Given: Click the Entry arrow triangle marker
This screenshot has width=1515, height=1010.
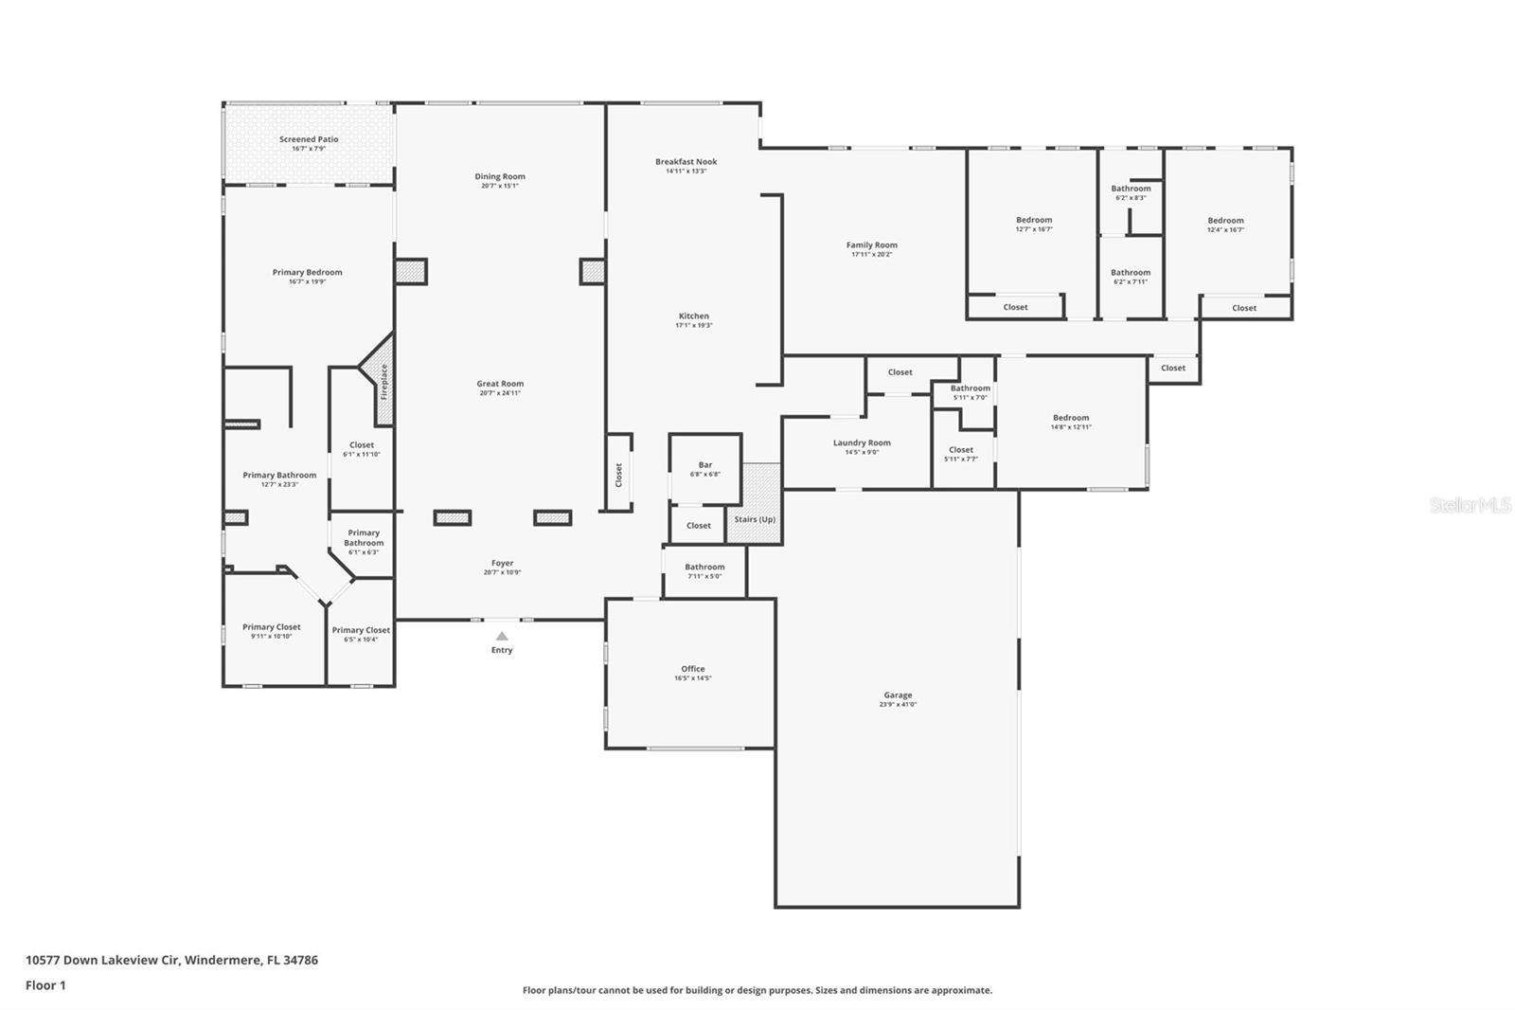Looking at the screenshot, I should (x=502, y=637).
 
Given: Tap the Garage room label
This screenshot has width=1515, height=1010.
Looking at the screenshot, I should (x=898, y=695).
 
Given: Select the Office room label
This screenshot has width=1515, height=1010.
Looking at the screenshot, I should (x=692, y=669).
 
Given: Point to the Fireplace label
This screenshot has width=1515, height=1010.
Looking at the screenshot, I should (x=384, y=382).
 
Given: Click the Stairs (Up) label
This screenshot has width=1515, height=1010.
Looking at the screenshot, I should (x=755, y=519).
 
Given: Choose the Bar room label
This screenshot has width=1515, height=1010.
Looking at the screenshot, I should (x=704, y=465).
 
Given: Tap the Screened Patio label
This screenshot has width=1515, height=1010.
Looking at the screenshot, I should (x=309, y=139).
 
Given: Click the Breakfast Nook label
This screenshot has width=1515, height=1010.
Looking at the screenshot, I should (x=686, y=162).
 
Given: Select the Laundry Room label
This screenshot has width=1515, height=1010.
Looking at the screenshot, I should (x=862, y=442).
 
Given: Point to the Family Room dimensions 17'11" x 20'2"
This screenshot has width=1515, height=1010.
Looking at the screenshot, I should (x=871, y=255).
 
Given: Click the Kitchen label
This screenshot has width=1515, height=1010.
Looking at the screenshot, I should (x=693, y=316).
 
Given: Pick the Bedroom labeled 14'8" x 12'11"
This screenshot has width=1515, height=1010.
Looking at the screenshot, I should (x=1071, y=418).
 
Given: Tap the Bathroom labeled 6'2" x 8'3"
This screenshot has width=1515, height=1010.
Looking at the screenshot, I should (x=1131, y=189).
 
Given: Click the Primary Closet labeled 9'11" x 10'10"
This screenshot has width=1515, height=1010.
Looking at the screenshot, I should (x=271, y=627).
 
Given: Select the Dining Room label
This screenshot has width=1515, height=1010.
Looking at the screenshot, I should (x=500, y=176).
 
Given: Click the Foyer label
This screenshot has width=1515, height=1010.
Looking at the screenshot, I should (x=502, y=563).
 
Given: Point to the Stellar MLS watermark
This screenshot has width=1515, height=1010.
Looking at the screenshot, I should (x=1470, y=506).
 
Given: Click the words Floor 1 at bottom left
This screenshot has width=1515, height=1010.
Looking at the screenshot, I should (x=45, y=985).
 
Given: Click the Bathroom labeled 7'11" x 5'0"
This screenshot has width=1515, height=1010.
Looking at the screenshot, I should (x=704, y=567).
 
